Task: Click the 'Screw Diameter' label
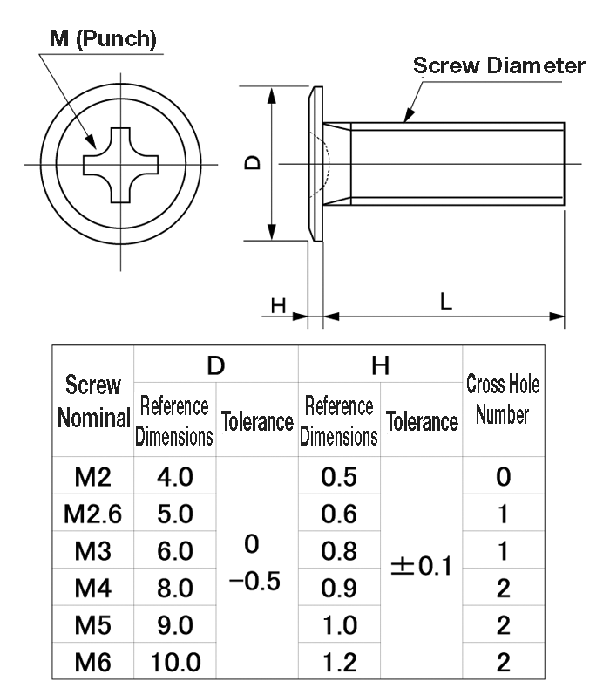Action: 498,66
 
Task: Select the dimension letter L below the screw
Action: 445,301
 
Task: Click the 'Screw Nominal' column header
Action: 92,402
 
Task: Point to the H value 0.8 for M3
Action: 339,552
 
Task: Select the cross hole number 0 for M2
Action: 503,477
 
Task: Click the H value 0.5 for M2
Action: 339,477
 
